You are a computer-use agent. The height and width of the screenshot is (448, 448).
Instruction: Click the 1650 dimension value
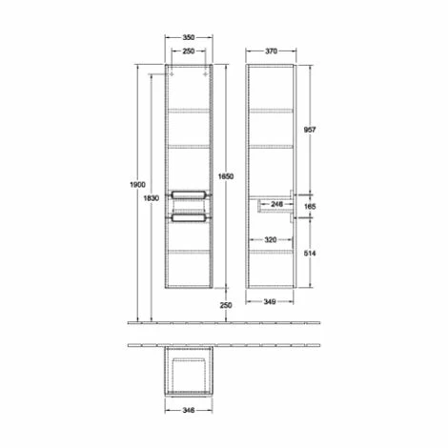click(226, 176)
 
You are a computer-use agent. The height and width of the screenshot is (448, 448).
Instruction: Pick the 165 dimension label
click(322, 205)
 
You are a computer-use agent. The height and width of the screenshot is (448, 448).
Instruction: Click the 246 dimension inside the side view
click(276, 203)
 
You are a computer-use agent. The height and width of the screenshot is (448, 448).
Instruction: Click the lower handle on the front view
click(190, 218)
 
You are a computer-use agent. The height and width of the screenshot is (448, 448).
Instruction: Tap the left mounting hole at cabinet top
click(173, 73)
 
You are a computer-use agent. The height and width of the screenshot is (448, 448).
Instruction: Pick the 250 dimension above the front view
click(190, 54)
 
